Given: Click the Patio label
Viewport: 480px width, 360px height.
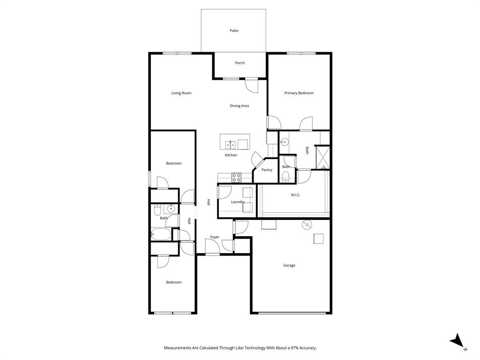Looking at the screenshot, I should click(x=234, y=31).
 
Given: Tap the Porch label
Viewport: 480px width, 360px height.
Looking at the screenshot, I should click(x=240, y=63).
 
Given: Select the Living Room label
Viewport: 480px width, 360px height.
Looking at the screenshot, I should click(x=181, y=93).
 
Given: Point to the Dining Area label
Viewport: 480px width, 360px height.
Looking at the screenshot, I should click(x=239, y=106).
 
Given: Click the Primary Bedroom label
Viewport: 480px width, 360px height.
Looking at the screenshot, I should click(x=299, y=93).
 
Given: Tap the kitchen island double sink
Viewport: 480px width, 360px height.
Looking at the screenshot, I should click(x=230, y=144).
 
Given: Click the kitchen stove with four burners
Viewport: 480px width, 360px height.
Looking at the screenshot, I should click(x=236, y=177).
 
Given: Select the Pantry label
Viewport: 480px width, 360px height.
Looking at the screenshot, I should click(x=267, y=170).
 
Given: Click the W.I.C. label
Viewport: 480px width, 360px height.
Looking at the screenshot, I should click(x=295, y=195).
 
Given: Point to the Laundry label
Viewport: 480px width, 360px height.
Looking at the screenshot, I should click(x=238, y=202).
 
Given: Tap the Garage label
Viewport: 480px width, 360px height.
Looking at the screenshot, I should click(x=289, y=265).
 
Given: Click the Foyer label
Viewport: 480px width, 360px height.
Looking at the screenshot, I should click(x=215, y=237).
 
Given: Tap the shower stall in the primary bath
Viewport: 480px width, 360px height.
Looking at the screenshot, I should click(x=322, y=157).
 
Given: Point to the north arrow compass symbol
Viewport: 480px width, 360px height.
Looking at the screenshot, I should click(x=457, y=341).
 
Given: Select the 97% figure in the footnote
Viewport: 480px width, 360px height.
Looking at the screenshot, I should click(x=294, y=348).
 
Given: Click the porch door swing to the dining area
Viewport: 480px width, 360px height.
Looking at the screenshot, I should click(x=252, y=86).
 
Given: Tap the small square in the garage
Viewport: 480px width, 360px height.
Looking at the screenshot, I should click(x=319, y=239).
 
